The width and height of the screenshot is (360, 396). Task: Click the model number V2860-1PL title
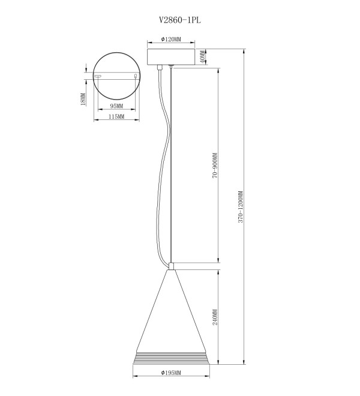pos(180,20)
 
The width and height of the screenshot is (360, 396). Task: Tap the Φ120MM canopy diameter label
pos(171,39)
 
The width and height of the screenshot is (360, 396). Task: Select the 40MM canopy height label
pos(203,58)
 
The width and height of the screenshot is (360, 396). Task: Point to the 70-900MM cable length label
pos(215,166)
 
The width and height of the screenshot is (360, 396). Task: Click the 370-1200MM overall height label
pos(241,207)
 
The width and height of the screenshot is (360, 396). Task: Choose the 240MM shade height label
pos(215,317)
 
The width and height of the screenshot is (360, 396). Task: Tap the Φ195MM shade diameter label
pos(171,373)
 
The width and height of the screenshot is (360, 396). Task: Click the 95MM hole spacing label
pos(116,106)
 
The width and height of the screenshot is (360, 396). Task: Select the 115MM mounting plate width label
pos(116,116)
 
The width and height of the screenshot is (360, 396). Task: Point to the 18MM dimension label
pos(83,99)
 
